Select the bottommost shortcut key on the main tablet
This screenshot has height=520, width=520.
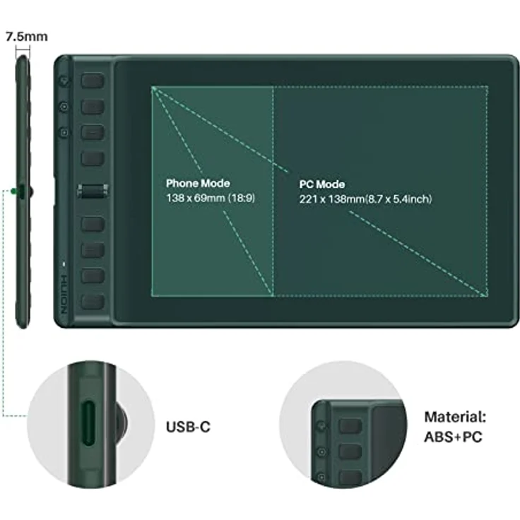pos(93,302)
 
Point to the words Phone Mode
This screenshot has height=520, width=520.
pos(198,184)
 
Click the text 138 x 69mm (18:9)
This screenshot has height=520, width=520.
pos(210,199)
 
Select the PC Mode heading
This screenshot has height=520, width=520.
pos(321,184)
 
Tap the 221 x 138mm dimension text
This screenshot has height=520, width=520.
pos(365,199)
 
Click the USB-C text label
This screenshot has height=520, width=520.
pos(188,427)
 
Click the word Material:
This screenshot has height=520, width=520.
pos(455,418)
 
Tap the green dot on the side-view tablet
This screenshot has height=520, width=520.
pos(14,191)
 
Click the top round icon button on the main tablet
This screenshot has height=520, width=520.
pos(64,81)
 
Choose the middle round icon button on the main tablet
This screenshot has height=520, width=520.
pos(64,107)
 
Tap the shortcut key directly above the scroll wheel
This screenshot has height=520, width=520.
pos(93,158)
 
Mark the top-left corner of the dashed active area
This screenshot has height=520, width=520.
pos(152,87)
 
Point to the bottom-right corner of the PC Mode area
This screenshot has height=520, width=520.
pos(487,297)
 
